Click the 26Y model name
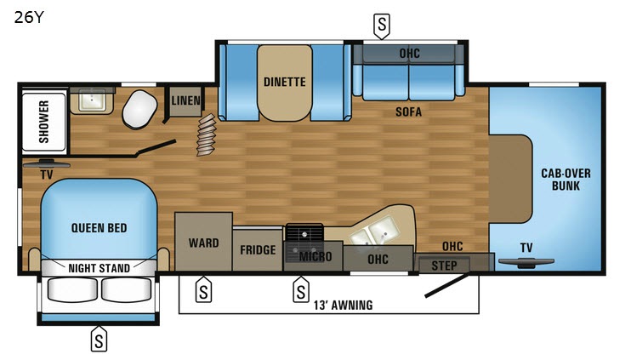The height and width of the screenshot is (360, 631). coord(29,17)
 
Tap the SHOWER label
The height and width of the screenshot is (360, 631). coord(43,122)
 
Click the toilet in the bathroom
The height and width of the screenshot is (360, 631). coord(139,109)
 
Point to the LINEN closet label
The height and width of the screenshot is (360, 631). coord(186,100)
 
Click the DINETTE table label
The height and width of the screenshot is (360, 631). coord(285,83)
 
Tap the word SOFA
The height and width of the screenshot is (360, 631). coord(408,111)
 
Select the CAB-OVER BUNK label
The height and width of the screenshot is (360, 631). coord(566,180)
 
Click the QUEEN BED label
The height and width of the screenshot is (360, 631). coord(99,228)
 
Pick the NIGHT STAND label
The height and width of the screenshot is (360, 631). coord(99,268)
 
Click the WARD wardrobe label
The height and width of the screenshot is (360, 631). coord(203,243)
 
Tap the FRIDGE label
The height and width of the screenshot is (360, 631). coord(258,250)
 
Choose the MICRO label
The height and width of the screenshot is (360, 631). coord(315,256)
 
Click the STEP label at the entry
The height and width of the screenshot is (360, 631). coord(444,266)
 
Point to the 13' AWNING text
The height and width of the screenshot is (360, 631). coord(344,306)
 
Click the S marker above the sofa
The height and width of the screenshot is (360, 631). coord(382,26)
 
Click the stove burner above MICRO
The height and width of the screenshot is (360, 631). coord(304,233)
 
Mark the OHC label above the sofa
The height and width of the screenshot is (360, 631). coord(410,53)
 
